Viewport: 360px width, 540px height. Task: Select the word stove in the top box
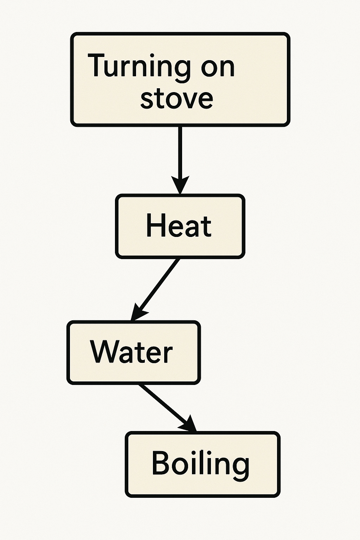pos(176,98)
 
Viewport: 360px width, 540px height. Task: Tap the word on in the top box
pos(218,67)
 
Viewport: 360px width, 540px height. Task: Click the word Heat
pos(179,226)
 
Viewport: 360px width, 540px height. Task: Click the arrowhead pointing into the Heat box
pos(180,184)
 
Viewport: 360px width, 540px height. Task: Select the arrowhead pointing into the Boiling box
pos(188,424)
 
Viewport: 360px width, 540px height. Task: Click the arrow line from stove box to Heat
pos(180,151)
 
